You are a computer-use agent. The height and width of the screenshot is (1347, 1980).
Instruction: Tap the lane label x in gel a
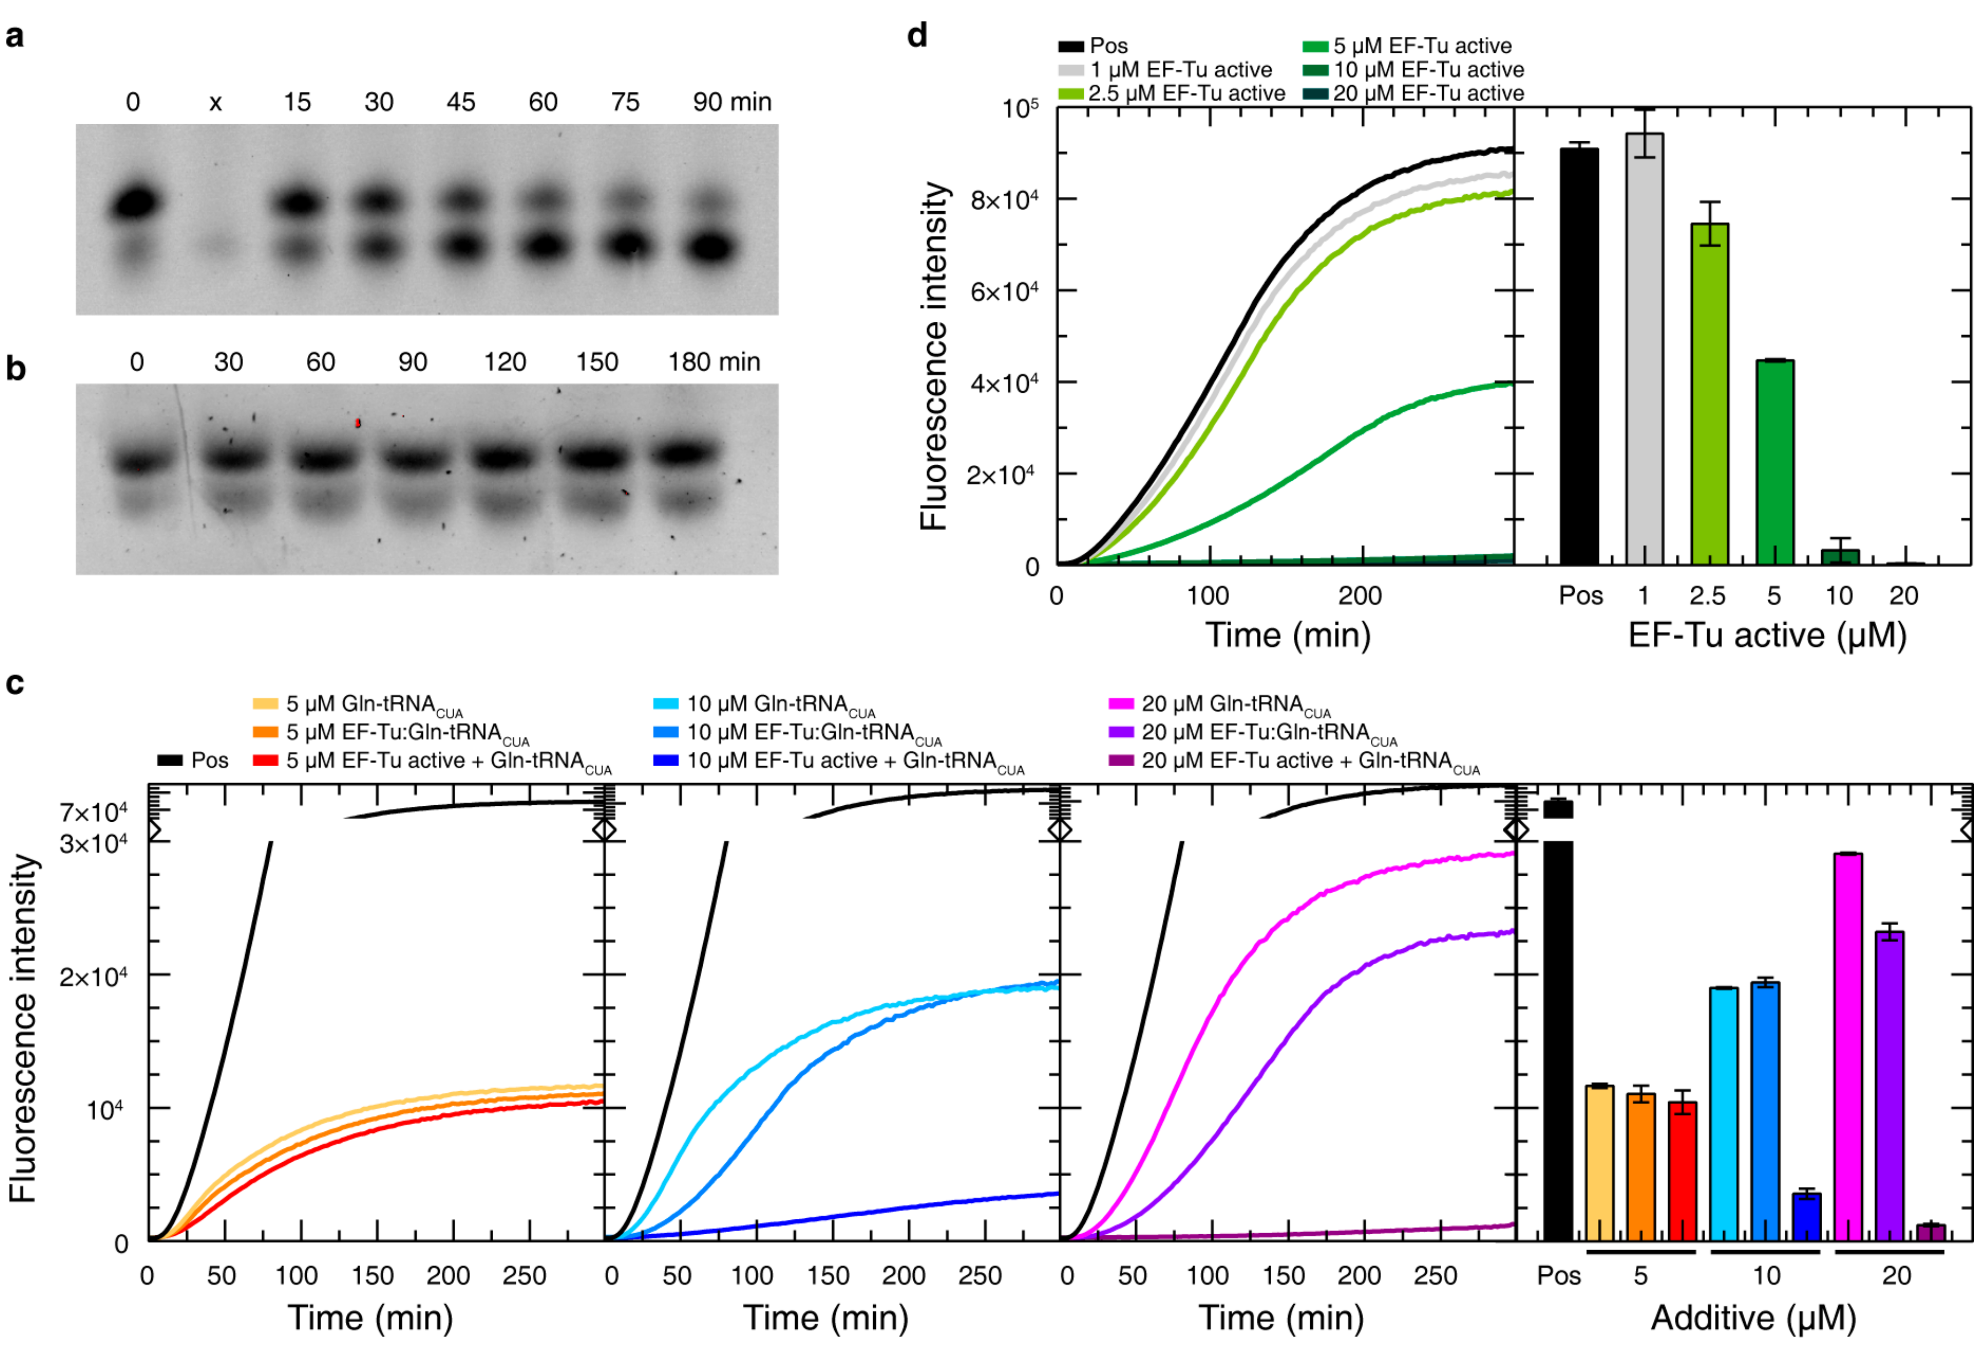point(216,103)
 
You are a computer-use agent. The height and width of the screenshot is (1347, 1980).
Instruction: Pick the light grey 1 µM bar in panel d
point(1643,349)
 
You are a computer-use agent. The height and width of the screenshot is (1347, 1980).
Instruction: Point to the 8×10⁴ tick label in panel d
point(1003,200)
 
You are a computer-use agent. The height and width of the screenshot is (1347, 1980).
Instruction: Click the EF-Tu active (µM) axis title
point(1767,636)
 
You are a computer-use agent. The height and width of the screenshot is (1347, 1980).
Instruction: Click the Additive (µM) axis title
point(1753,1318)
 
